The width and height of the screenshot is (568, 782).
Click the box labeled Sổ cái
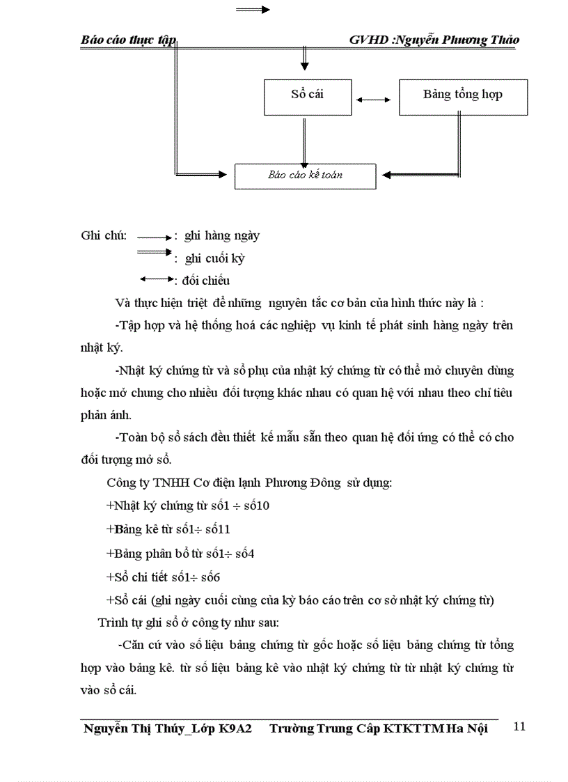pos(303,97)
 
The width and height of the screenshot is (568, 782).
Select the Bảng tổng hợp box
pos(463,97)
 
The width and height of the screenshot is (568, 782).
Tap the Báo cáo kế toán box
pos(305,176)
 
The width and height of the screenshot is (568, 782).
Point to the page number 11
pos(519,726)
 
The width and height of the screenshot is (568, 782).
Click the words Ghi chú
pos(104,235)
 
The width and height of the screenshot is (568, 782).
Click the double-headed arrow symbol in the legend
pos(157,279)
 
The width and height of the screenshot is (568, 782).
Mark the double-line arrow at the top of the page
pos(253,10)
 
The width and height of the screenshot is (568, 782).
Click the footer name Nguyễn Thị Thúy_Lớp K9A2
pos(167,728)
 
